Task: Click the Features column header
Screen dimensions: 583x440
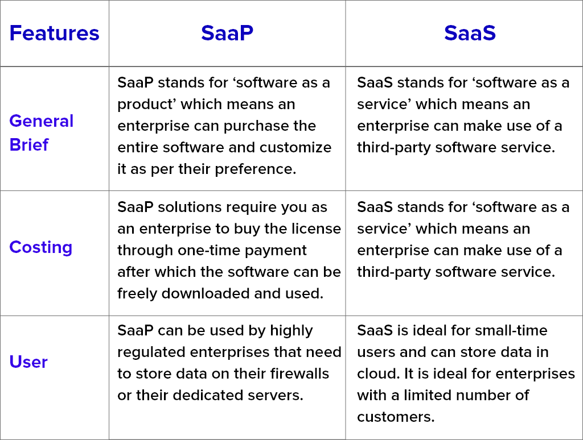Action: (x=54, y=33)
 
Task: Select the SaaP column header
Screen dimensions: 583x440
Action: (x=227, y=33)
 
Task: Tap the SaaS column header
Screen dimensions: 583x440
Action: (x=470, y=33)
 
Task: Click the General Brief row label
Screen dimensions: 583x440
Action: (x=41, y=132)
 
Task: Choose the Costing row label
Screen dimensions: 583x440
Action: (x=41, y=248)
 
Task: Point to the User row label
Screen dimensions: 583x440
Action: (x=28, y=362)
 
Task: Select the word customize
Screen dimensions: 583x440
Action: (x=295, y=147)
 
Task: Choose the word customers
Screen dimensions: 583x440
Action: (x=396, y=417)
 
